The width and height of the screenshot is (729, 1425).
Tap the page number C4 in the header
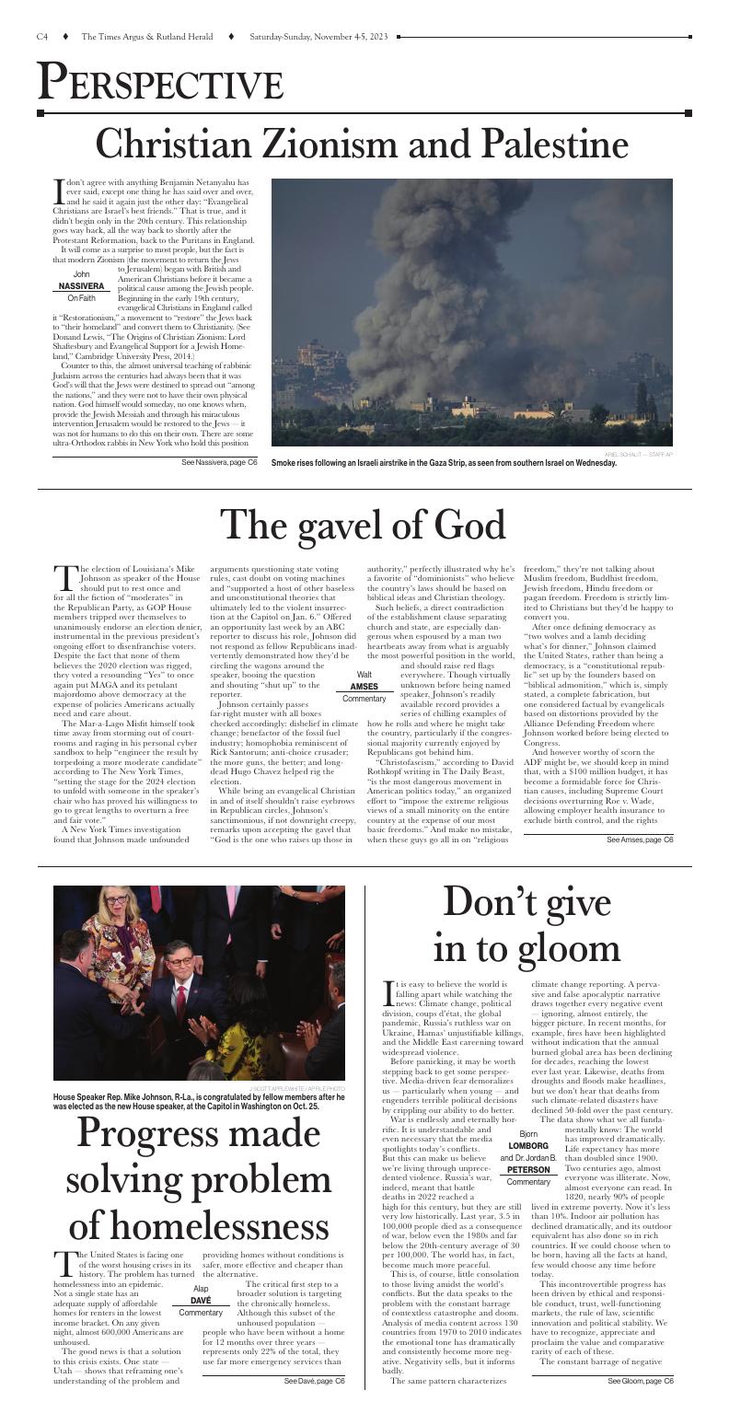point(42,37)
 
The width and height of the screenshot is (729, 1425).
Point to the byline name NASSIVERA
point(82,286)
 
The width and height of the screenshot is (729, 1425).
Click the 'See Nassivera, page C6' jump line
point(219,461)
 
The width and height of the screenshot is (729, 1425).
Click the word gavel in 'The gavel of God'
point(345,525)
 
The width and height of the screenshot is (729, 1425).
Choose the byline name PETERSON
point(527,1170)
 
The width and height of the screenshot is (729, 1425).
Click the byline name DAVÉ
point(201,1300)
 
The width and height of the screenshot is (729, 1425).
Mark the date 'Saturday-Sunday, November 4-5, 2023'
point(316,37)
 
